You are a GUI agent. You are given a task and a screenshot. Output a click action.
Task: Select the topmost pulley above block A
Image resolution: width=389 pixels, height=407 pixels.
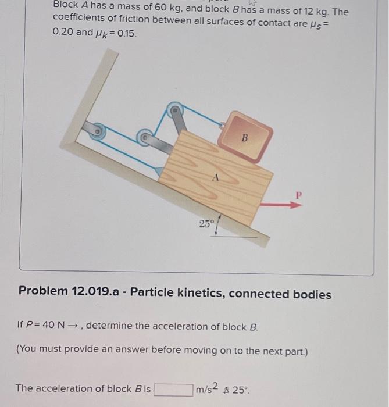(x=174, y=109)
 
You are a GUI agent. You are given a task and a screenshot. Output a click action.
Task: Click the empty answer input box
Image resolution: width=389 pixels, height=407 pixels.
(x=173, y=388)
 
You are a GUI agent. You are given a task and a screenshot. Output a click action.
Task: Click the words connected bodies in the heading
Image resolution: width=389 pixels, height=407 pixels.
(x=280, y=294)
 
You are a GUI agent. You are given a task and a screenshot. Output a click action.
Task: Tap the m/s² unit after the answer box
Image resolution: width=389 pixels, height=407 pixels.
(x=207, y=388)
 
